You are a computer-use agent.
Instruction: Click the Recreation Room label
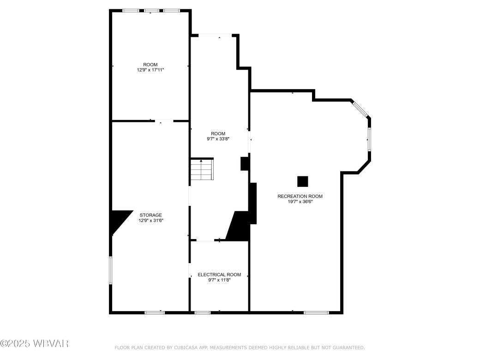pos(300,196)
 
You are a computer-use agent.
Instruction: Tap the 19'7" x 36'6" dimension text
pos(300,202)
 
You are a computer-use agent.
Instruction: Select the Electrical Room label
pos(219,275)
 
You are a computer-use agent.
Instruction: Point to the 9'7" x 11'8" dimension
pos(219,280)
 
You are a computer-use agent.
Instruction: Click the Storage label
pos(151,215)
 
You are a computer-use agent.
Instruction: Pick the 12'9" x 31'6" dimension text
pos(151,221)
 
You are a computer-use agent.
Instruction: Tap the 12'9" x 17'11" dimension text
pos(150,70)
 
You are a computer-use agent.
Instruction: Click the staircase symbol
pos(202,169)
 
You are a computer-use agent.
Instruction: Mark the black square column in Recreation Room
pos(303,181)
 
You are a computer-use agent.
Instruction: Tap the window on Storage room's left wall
pos(110,270)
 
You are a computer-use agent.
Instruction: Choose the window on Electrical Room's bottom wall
pos(203,313)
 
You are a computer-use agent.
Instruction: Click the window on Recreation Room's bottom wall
pos(316,313)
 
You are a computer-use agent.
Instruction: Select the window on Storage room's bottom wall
pos(155,313)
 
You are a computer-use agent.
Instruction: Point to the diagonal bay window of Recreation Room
pos(360,109)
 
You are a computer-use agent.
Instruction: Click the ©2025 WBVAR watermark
pos(34,343)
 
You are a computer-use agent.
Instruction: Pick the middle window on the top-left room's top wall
pos(151,10)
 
